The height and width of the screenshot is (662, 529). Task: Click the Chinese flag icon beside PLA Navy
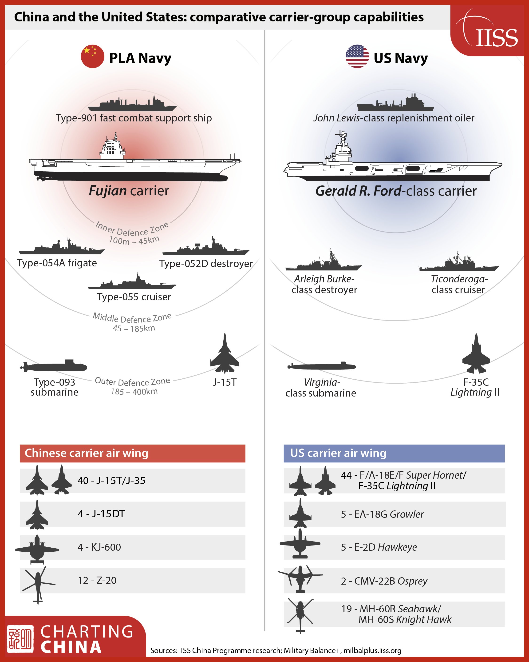coord(92,56)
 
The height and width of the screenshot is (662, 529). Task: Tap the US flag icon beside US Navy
coord(357,56)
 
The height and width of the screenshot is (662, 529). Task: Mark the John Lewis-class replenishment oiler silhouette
coord(395,103)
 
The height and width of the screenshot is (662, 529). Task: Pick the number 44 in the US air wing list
coord(346,475)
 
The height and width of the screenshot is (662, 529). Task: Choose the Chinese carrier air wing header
coord(133,453)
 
